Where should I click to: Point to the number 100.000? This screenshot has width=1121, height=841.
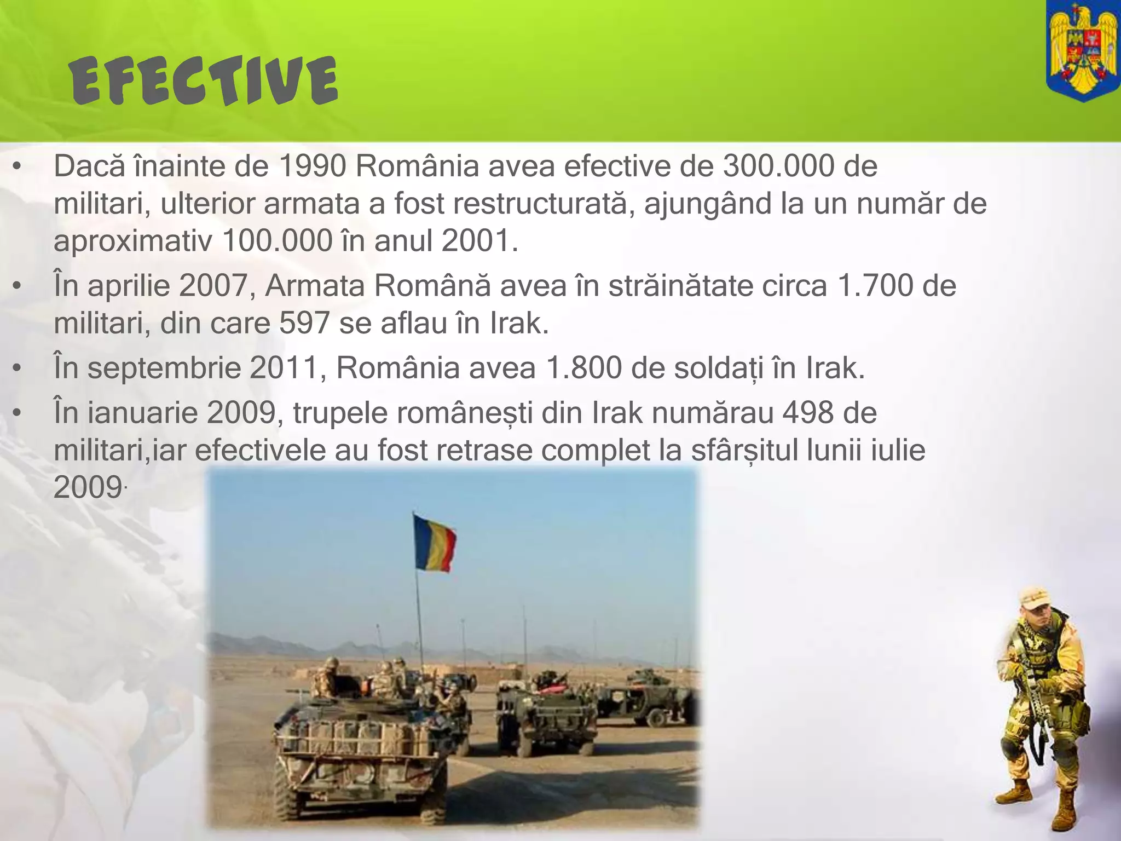click(278, 240)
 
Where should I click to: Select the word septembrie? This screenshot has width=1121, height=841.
click(164, 368)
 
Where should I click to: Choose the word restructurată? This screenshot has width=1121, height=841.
click(538, 203)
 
